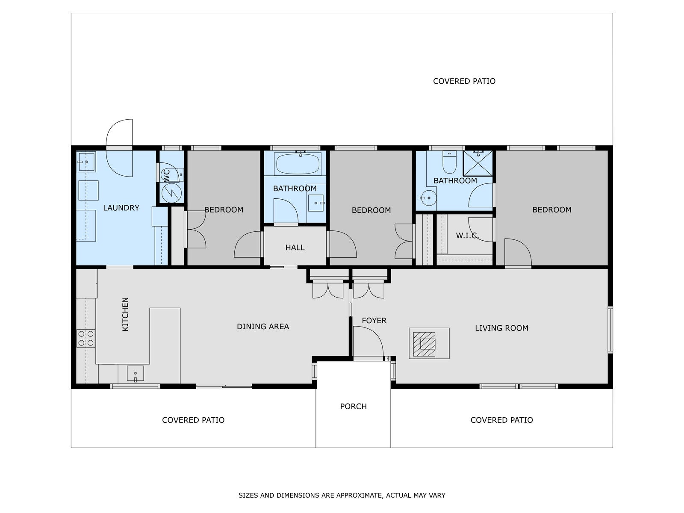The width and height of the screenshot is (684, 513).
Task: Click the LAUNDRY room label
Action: (x=121, y=208)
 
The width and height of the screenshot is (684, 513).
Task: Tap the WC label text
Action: (x=167, y=175)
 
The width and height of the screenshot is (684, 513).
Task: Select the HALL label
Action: (x=295, y=248)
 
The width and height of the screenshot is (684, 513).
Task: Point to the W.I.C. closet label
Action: (x=467, y=236)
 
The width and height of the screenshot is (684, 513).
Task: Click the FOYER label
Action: (x=374, y=321)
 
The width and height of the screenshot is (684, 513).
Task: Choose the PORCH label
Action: (x=354, y=406)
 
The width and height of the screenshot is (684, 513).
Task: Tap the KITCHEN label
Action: (x=125, y=314)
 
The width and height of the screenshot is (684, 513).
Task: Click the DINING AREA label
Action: (x=262, y=327)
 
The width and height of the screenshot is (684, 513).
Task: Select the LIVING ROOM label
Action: (x=501, y=328)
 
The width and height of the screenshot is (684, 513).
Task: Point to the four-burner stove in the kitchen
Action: (x=86, y=338)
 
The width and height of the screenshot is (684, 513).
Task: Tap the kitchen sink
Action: (x=135, y=374)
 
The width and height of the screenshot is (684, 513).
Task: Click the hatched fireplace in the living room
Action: (x=424, y=345)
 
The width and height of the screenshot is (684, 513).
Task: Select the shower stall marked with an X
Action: (x=478, y=164)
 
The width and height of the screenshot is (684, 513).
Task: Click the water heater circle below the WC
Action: (x=171, y=193)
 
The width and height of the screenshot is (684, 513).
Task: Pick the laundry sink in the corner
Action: (x=86, y=162)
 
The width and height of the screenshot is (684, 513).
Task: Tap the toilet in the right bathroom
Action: (x=449, y=162)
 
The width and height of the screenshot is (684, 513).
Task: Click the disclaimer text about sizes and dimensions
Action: (x=342, y=495)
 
